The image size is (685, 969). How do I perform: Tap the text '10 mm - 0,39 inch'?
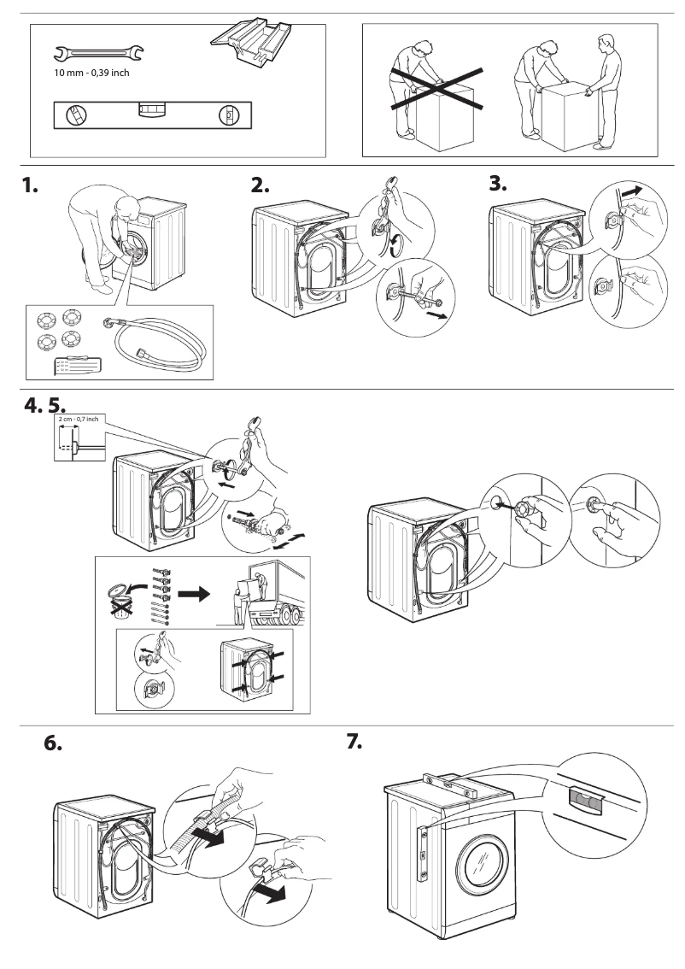click(x=91, y=73)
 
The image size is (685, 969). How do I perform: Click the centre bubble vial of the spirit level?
click(x=153, y=109)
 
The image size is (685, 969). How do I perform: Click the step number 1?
click(x=31, y=186)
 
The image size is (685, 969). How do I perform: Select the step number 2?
click(x=260, y=186)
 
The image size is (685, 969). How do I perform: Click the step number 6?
click(x=53, y=743)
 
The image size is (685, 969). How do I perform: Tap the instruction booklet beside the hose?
click(x=78, y=365)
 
